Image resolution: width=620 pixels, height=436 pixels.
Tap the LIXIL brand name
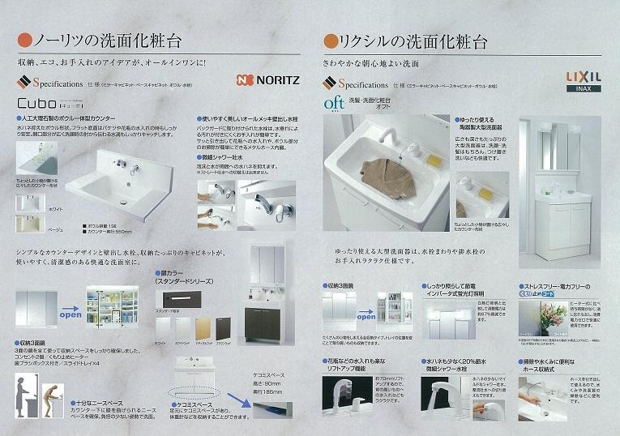click(582, 75)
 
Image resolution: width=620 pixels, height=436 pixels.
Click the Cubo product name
click(36, 104)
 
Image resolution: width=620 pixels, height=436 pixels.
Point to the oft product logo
click(334, 104)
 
